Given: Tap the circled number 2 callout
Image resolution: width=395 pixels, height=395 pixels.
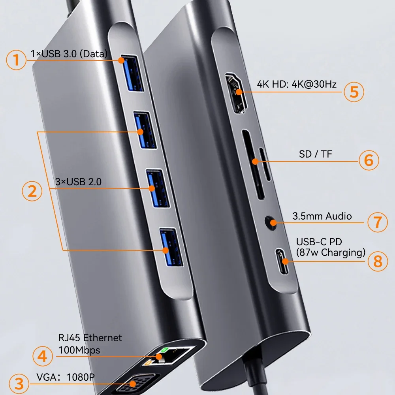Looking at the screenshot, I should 32,191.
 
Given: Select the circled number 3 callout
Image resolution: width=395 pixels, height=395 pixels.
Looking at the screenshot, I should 16,384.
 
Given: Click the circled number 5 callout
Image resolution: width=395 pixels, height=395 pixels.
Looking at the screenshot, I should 354,91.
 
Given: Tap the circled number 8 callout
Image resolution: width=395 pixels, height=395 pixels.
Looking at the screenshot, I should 378,261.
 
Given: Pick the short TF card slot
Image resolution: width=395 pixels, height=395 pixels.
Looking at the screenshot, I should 265,164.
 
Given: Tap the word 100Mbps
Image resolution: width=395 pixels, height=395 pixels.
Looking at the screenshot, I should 79,350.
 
